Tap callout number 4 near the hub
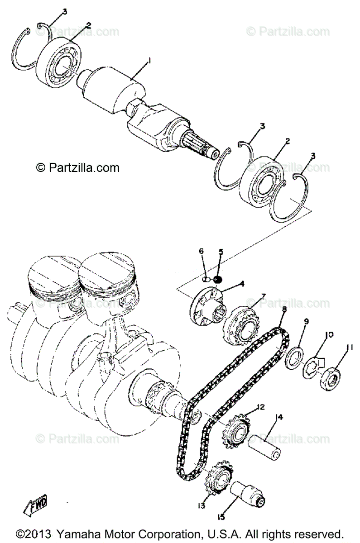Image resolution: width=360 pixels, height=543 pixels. (242, 284)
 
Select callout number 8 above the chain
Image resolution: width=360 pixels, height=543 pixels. (284, 310)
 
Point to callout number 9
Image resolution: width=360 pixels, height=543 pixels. (306, 322)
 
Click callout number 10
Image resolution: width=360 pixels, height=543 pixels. (329, 335)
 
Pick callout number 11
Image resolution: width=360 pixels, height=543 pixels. (349, 348)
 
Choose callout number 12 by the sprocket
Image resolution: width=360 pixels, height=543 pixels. (260, 407)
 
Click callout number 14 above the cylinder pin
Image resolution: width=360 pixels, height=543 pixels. (278, 417)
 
